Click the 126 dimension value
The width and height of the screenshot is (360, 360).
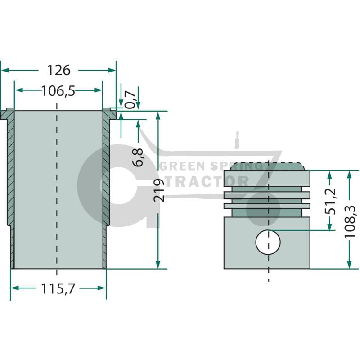(x=59, y=70)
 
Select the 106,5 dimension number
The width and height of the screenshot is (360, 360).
(x=58, y=91)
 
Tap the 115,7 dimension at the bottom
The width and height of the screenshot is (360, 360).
(x=58, y=288)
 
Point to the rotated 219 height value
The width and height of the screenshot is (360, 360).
(x=159, y=190)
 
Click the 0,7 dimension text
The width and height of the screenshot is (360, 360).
(x=130, y=99)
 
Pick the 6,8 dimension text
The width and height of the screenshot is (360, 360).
(x=138, y=157)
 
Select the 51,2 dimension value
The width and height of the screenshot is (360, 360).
(x=330, y=201)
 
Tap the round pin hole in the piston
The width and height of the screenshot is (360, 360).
(x=268, y=242)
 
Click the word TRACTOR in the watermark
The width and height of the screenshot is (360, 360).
(x=207, y=181)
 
